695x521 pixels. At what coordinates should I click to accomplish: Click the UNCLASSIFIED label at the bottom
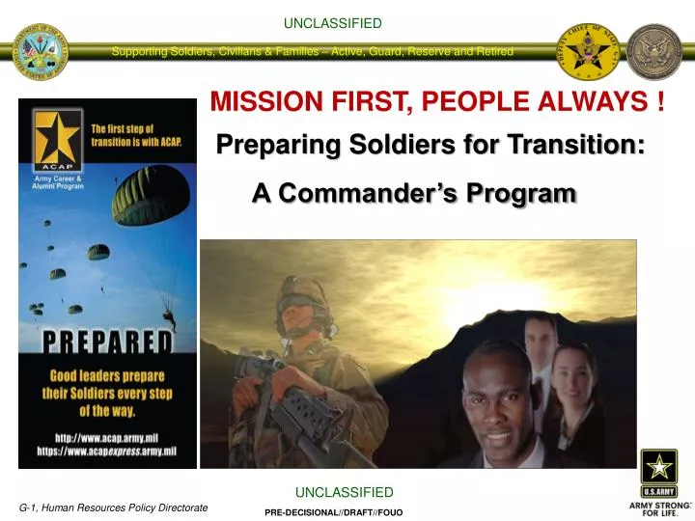(345, 493)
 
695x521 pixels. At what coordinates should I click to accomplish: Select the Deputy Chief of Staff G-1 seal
(589, 51)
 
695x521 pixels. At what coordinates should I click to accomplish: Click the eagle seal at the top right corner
(654, 51)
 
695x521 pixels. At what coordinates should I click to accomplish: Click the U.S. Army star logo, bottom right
(658, 467)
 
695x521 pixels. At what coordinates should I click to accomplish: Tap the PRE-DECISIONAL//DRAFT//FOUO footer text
(333, 512)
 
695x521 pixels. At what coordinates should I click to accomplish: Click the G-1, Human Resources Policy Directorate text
(114, 507)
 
